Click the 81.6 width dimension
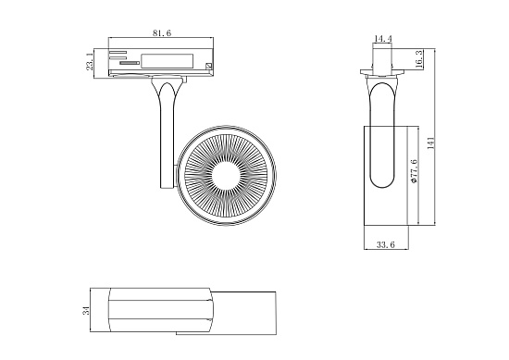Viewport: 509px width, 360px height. [162, 33]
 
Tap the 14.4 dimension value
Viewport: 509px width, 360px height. [384, 40]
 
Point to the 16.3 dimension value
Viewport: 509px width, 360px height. [419, 59]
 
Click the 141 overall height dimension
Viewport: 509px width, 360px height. [430, 143]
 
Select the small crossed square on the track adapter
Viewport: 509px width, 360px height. [209, 67]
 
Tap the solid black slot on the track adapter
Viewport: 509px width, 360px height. [129, 64]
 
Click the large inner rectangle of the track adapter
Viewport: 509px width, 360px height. [168, 60]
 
